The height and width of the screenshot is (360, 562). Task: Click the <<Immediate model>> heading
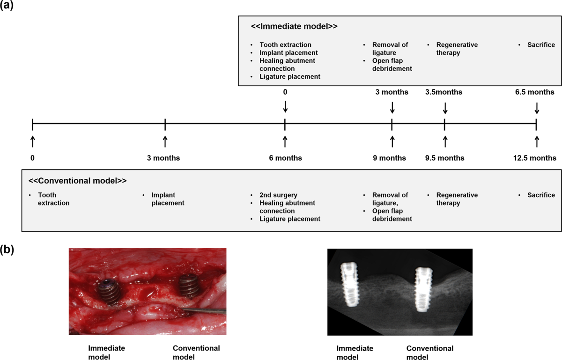pyautogui.click(x=294, y=27)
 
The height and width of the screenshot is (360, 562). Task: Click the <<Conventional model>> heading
pyautogui.click(x=77, y=180)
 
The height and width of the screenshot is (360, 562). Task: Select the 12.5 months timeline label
pyautogui.click(x=535, y=158)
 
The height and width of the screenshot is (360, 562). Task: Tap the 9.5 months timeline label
pyautogui.click(x=444, y=158)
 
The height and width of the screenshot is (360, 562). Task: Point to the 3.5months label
pyautogui.click(x=444, y=92)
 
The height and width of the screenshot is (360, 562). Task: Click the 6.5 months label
pyautogui.click(x=535, y=92)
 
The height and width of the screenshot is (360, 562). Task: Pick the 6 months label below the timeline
pyautogui.click(x=285, y=158)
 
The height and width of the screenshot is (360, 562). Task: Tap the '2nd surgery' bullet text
pyautogui.click(x=278, y=195)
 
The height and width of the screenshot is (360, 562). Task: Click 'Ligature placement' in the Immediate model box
pyautogui.click(x=290, y=76)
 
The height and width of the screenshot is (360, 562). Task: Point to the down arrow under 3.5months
pyautogui.click(x=445, y=108)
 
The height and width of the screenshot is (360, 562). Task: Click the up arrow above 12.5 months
pyautogui.click(x=537, y=141)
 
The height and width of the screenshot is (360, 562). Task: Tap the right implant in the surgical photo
pyautogui.click(x=188, y=287)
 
